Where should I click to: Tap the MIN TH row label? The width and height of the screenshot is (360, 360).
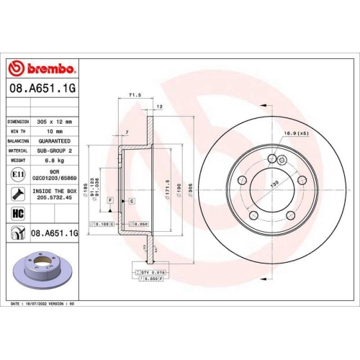click(x=17, y=132)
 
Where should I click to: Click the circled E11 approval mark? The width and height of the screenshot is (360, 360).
click(x=16, y=175)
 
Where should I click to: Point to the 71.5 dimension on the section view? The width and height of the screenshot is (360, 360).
click(x=133, y=94)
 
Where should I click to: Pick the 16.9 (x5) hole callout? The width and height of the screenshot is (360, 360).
click(x=295, y=133)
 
